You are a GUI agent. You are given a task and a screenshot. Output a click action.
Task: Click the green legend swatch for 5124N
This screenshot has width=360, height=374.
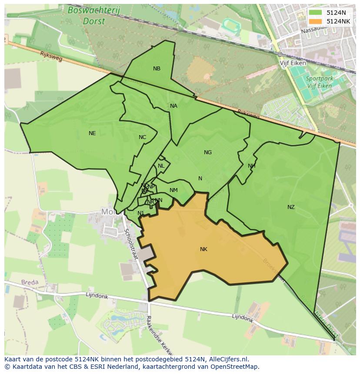pos(316,13)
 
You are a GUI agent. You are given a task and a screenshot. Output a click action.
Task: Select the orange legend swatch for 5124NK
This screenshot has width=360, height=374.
pos(316,21)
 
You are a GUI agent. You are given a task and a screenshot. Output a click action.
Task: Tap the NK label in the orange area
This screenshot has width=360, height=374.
pos(203,249)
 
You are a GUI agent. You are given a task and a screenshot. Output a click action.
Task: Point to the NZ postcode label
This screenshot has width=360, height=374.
pos(291,207)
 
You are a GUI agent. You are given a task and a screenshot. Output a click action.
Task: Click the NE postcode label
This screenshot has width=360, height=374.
pos(92,133)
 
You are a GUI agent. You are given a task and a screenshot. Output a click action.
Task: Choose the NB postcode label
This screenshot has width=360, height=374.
pos(157,69)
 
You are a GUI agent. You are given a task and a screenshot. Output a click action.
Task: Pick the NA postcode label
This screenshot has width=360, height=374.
pos(173,106)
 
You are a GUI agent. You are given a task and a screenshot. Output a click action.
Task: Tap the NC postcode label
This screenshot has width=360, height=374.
pos(142,137)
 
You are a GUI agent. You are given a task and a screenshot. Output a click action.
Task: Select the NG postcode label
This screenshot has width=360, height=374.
pos(208,152)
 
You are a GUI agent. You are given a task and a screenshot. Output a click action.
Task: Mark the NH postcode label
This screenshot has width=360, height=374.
pos(251,166)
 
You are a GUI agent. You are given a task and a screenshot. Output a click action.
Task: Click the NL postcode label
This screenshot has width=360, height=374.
pos(161,166)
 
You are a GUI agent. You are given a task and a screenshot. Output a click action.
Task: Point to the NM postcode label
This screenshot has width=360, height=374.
pos(173,190)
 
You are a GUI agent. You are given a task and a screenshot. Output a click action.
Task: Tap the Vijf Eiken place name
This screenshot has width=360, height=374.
pos(293,63)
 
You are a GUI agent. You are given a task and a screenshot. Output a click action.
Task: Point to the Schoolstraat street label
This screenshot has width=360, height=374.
pos(131,245)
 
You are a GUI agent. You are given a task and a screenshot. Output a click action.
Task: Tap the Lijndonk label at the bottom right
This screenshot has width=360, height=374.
pos(242,318)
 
